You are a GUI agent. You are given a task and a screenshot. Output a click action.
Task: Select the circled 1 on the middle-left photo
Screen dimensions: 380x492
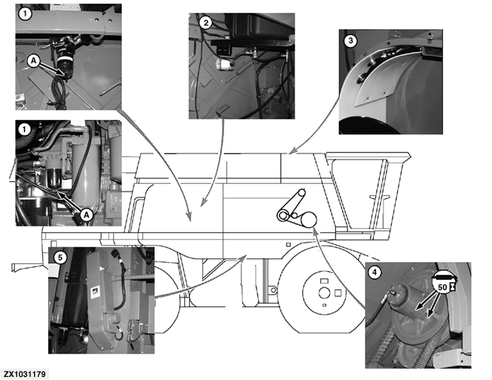point(24,130)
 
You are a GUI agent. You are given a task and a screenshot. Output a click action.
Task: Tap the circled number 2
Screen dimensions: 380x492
point(207,23)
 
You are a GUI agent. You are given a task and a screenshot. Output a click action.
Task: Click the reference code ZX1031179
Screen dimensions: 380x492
point(25,372)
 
